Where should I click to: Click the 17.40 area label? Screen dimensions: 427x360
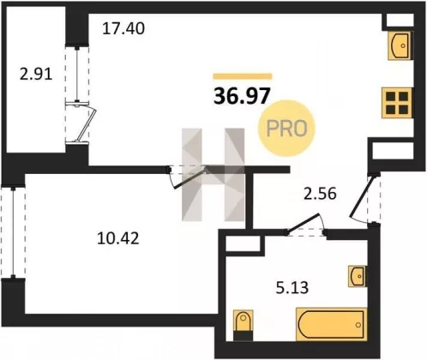pyautogui.click(x=123, y=28)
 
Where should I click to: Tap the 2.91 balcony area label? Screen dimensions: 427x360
pyautogui.click(x=36, y=75)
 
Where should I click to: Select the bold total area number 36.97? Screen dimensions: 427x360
pyautogui.click(x=242, y=96)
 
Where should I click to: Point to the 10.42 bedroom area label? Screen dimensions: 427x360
pyautogui.click(x=118, y=238)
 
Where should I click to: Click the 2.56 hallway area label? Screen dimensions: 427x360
pyautogui.click(x=320, y=194)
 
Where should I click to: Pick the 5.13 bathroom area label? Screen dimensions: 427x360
pyautogui.click(x=292, y=288)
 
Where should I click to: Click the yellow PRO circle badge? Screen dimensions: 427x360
pyautogui.click(x=286, y=128)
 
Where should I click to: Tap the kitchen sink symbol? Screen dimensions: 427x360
pyautogui.click(x=400, y=45)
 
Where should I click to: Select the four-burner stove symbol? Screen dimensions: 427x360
pyautogui.click(x=397, y=103)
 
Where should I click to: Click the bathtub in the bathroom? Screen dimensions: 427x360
pyautogui.click(x=332, y=324)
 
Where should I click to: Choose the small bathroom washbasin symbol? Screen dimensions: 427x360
pyautogui.click(x=357, y=276)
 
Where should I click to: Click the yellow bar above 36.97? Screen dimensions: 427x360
pyautogui.click(x=243, y=76)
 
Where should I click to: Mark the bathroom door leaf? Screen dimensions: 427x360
pyautogui.click(x=303, y=223)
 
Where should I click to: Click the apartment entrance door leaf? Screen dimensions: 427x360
pyautogui.click(x=362, y=196)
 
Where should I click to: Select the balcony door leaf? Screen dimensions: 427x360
pyautogui.click(x=87, y=123)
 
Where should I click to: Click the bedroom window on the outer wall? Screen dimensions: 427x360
pyautogui.click(x=13, y=231)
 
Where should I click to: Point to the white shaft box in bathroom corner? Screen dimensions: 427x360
pyautogui.click(x=244, y=243)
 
